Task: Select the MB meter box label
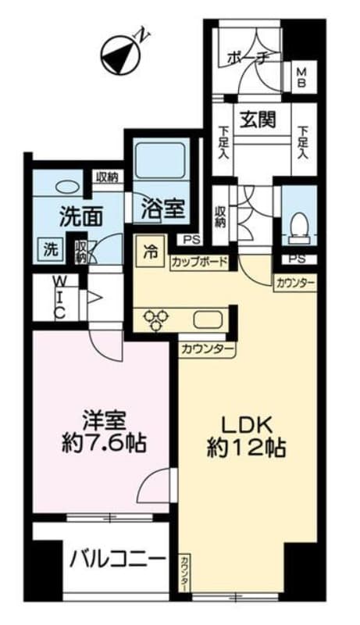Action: [x=301, y=78]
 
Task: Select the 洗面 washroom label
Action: [x=77, y=216]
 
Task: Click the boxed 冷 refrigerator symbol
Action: [x=148, y=251]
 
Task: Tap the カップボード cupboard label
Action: [x=198, y=262]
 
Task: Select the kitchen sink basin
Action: [x=206, y=319]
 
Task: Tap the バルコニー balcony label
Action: [x=116, y=559]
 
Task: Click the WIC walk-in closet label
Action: [x=59, y=298]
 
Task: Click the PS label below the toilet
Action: [x=297, y=259]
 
